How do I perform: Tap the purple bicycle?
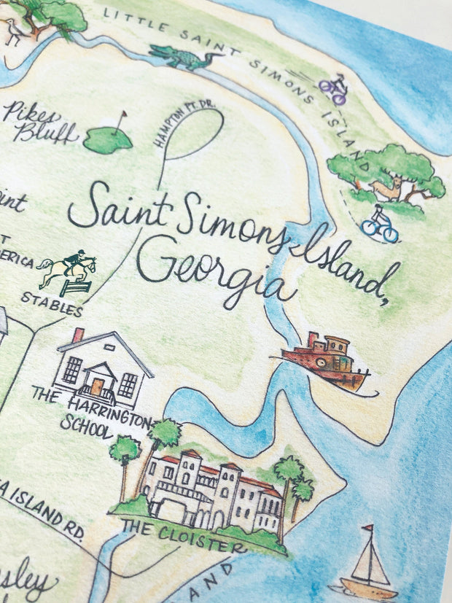332,88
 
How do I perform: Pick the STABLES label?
51,303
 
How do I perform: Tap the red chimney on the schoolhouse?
78,335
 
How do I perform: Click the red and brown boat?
324,358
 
